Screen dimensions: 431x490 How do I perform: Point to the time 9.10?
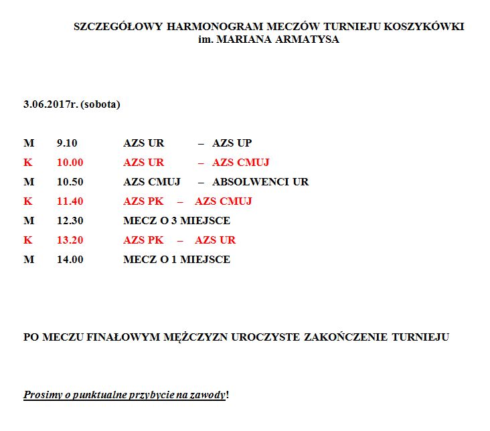coord(68,143)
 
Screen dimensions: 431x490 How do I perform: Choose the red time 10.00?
coord(70,163)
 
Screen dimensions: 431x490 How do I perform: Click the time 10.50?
coord(70,182)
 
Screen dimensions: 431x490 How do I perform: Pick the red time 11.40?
coord(70,201)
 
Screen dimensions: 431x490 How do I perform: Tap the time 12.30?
coord(70,221)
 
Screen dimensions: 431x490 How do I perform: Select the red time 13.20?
coord(70,240)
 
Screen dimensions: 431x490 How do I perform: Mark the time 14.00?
coord(70,260)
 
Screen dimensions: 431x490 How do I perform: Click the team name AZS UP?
coord(232,143)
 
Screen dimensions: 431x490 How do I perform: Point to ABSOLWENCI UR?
coord(260,182)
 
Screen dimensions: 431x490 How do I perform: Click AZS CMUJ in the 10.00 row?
coord(241,163)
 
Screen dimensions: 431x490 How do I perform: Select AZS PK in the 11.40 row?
coord(143,201)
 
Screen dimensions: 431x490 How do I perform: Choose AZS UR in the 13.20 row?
coord(215,240)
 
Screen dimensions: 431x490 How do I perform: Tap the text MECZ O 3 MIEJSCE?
coord(177,221)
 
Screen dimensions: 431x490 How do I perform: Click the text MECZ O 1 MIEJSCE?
coord(177,260)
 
